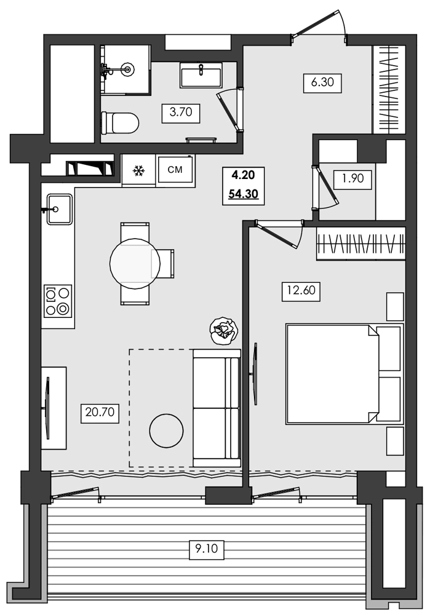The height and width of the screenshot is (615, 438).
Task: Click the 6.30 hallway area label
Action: tap(322, 82)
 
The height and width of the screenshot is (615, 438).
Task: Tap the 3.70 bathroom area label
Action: tap(181, 113)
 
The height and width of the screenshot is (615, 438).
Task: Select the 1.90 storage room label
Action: tap(352, 179)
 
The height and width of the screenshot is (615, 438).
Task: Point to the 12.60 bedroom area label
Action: tap(301, 291)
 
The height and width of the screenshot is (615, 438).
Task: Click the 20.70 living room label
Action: tap(100, 412)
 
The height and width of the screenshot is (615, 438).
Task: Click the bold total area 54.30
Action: tap(244, 194)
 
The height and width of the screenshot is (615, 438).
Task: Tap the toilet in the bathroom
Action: tap(120, 123)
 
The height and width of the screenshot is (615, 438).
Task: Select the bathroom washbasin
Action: tap(201, 75)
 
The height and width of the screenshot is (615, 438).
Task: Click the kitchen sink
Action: tap(60, 210)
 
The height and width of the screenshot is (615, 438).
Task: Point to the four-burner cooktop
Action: tap(58, 301)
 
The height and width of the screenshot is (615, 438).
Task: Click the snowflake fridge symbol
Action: tap(138, 170)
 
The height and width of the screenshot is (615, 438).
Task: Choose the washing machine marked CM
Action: tap(175, 170)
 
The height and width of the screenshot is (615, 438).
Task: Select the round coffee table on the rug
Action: tap(167, 430)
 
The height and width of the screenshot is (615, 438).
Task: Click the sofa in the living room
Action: tap(217, 408)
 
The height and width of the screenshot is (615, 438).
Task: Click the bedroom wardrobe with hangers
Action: tap(360, 244)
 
